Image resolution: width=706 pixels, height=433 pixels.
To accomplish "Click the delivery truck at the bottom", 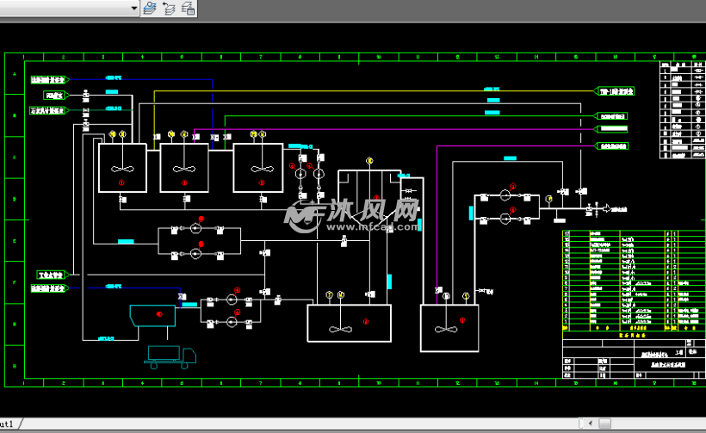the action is click(171, 355).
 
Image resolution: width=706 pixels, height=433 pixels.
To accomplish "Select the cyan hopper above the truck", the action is click(152, 316).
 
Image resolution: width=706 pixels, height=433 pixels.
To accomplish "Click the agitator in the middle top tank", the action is click(183, 168).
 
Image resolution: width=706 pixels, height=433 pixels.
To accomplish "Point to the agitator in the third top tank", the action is click(261, 168).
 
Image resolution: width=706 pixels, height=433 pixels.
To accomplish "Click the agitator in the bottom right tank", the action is click(445, 330).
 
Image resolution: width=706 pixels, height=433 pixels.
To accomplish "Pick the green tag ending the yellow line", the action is click(616, 90).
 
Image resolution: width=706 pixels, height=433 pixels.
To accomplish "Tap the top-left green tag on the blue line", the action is click(49, 79).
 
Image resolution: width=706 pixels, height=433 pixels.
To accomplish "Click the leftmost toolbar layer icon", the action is click(150, 8).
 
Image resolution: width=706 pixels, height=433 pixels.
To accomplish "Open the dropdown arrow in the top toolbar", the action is click(133, 8).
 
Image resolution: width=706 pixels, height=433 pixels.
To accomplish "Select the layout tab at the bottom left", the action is click(7, 424).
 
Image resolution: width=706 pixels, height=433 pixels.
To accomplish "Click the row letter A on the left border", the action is click(15, 75).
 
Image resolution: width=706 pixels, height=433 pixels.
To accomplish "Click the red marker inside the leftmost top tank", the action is click(121, 182).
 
